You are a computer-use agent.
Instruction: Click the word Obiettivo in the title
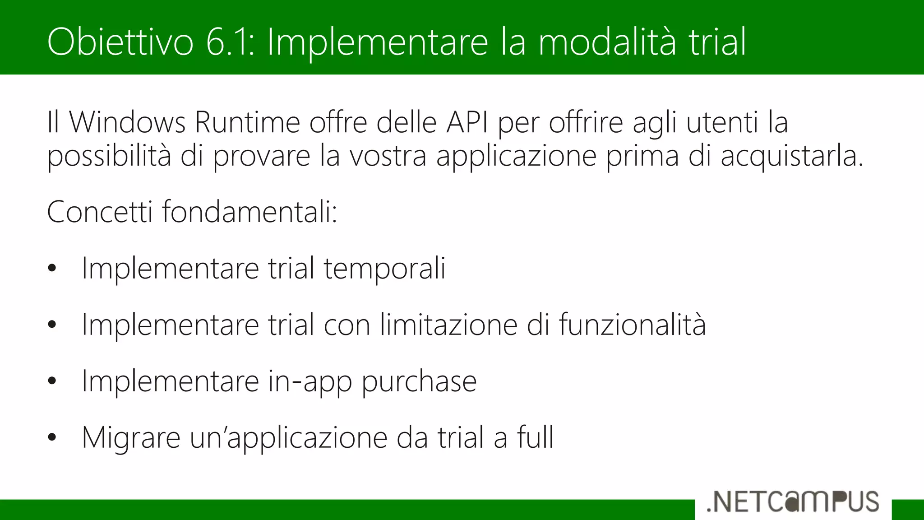(x=120, y=42)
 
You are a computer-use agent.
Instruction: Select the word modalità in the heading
(x=607, y=42)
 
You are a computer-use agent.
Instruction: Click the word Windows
(x=127, y=122)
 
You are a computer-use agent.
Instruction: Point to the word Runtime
(x=247, y=122)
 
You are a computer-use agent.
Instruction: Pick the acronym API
(x=467, y=122)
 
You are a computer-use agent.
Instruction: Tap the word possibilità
(x=109, y=157)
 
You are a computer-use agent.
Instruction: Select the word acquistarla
(x=792, y=157)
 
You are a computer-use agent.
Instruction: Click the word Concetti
(x=100, y=212)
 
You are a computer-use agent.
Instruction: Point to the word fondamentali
(x=249, y=212)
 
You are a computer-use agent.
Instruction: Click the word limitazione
(x=448, y=325)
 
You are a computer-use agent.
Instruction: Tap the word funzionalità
(x=633, y=325)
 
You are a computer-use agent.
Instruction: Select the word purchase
(x=419, y=382)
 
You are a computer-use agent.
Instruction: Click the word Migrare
(x=131, y=438)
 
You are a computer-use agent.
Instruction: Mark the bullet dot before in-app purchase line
(x=52, y=381)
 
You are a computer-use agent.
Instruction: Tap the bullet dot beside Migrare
(x=52, y=437)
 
